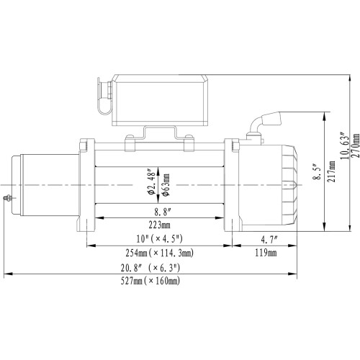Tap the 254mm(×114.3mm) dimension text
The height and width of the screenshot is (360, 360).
click(159, 253)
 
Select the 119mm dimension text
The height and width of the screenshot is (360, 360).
click(266, 253)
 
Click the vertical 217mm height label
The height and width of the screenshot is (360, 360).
click(331, 175)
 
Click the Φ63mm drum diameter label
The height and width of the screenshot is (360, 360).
click(166, 184)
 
